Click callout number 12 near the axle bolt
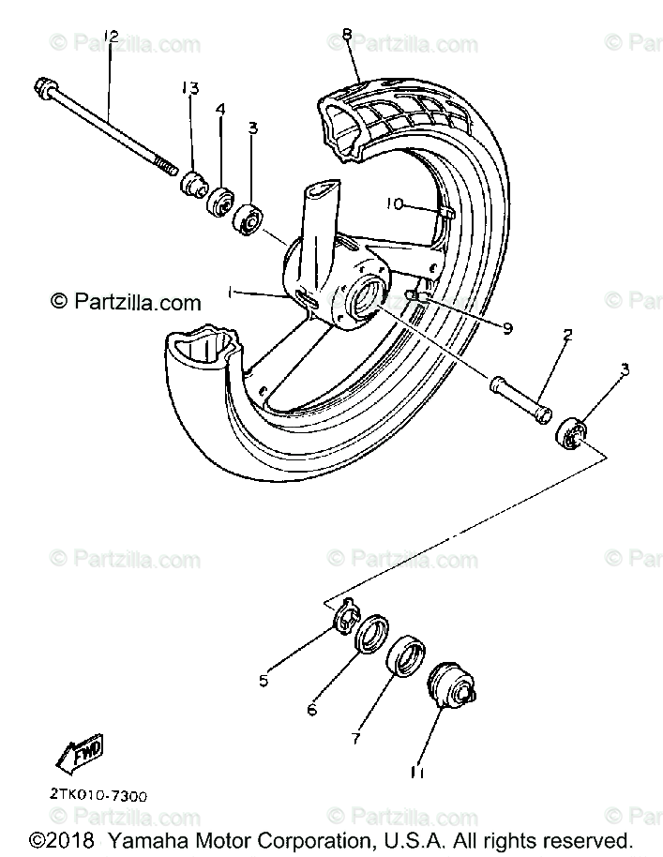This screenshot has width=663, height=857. coord(112,37)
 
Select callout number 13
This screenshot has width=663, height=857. coord(190,89)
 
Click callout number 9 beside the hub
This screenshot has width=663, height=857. coord(506,328)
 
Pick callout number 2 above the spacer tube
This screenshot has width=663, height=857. coord(568,335)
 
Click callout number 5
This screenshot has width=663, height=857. coord(264,680)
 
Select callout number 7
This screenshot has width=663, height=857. coord(355,739)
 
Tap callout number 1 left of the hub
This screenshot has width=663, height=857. coord(228,293)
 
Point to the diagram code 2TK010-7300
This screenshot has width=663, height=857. coord(98,794)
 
